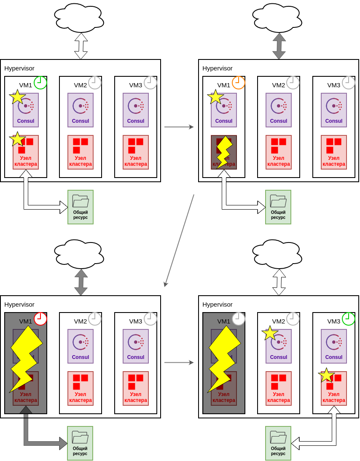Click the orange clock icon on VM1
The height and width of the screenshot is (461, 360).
coord(239,83)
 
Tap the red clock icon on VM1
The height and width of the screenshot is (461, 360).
coord(40,319)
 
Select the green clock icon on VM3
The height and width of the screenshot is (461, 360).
coord(349,319)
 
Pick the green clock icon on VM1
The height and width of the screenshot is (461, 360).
coord(40,83)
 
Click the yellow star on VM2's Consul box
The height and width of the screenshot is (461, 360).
coord(270,333)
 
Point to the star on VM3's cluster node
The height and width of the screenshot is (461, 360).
coord(326,375)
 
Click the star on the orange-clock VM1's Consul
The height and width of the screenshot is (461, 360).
coord(215,97)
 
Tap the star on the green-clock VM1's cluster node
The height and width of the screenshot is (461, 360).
coord(17,139)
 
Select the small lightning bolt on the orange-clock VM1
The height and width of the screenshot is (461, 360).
coord(224,152)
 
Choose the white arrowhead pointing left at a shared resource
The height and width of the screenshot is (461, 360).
coord(296,443)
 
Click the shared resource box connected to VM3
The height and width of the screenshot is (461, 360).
coord(278,443)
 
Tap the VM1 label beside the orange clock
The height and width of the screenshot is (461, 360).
coord(224,85)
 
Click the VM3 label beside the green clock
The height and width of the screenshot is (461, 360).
coord(334,321)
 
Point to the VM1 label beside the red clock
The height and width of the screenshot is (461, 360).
coord(26,321)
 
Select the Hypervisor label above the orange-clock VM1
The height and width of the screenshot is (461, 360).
coord(218,68)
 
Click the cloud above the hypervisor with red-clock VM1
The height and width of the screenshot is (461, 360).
coord(79,254)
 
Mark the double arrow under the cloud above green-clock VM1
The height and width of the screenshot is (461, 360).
coord(81,46)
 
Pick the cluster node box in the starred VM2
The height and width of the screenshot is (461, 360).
coord(279,388)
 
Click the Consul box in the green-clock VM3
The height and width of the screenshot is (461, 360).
coord(334,346)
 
